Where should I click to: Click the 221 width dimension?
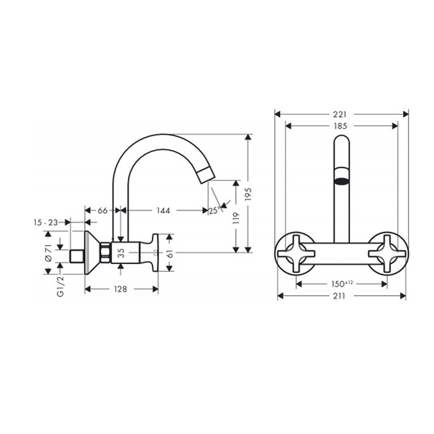(x=340, y=114)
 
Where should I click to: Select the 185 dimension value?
(x=340, y=125)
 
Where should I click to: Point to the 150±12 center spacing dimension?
(x=340, y=284)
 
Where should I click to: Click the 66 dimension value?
(x=103, y=211)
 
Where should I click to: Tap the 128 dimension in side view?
(x=121, y=289)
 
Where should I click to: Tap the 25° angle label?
(x=213, y=211)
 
